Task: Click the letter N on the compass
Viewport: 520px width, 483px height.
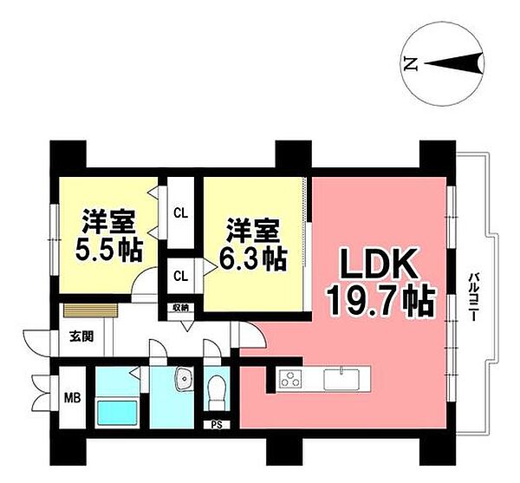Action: pyautogui.click(x=411, y=63)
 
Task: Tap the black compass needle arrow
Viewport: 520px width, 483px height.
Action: pyautogui.click(x=453, y=63)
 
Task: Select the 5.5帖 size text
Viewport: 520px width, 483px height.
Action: pyautogui.click(x=109, y=250)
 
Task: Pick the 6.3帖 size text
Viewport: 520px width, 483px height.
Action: pyautogui.click(x=253, y=258)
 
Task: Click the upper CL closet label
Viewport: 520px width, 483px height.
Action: pyautogui.click(x=181, y=213)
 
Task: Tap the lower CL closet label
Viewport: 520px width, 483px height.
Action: pyautogui.click(x=181, y=276)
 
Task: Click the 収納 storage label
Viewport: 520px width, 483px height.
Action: pyautogui.click(x=180, y=308)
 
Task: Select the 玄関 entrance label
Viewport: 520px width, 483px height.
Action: pyautogui.click(x=81, y=336)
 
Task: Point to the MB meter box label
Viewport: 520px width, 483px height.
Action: pyautogui.click(x=72, y=397)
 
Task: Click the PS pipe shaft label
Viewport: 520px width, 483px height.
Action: pyautogui.click(x=217, y=425)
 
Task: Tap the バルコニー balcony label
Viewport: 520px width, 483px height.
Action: pyautogui.click(x=474, y=297)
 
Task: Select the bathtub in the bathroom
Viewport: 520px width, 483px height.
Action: pyautogui.click(x=116, y=413)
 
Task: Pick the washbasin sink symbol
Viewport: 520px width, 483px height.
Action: pyautogui.click(x=184, y=378)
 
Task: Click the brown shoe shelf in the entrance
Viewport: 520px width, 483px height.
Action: pyautogui.click(x=90, y=310)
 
